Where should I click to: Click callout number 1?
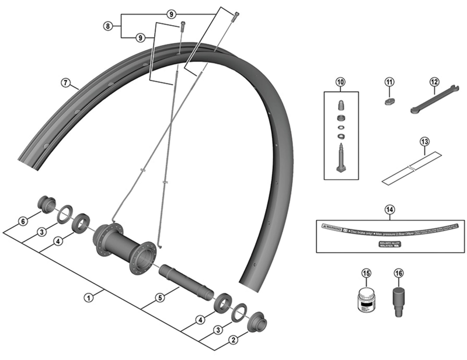point(88,298)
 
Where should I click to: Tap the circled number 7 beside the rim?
point(65,83)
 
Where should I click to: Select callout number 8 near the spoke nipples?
point(107,26)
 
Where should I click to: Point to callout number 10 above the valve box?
point(341,82)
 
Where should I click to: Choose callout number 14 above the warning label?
point(389,209)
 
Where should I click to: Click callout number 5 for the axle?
point(159,298)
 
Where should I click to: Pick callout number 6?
point(22,221)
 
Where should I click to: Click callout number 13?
point(424,141)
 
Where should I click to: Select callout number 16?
point(399,273)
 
